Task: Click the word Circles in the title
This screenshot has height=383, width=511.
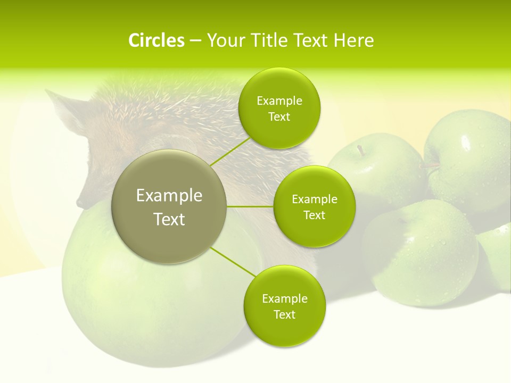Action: click(156, 40)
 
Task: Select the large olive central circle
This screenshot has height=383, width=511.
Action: click(169, 206)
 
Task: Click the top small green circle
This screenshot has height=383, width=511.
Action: click(279, 108)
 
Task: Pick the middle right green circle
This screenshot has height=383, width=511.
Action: click(314, 206)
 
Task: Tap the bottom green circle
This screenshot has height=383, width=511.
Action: click(284, 306)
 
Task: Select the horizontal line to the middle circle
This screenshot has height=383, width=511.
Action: click(250, 206)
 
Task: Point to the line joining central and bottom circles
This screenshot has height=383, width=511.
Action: click(233, 262)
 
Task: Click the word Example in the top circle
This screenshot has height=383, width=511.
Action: click(279, 101)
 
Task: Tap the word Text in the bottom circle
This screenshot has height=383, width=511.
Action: click(284, 314)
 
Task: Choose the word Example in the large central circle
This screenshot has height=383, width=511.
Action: click(169, 196)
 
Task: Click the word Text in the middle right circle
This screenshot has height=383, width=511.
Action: click(314, 215)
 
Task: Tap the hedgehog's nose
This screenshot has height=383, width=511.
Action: click(80, 203)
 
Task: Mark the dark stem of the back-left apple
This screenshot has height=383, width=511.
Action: click(361, 151)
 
